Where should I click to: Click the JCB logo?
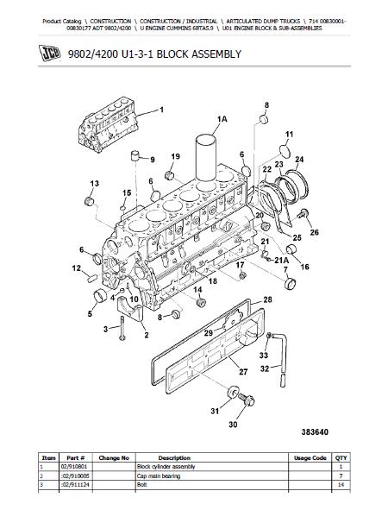point(50,53)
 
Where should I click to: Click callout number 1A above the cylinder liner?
point(222,119)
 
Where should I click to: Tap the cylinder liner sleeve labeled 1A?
point(206,157)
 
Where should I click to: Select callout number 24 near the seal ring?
point(299,160)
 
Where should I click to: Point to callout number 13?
point(94,184)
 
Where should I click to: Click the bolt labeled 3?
point(122,328)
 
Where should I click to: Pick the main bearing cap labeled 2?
point(130,309)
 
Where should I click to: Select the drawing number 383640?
point(315,432)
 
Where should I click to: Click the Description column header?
point(174,457)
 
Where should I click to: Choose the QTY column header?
point(341,457)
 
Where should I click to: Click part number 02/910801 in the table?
point(74,466)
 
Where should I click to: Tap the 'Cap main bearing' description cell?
point(159,475)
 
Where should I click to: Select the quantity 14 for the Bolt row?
point(341,485)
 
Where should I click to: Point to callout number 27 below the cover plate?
point(243,371)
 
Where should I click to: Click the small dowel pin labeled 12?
point(92,278)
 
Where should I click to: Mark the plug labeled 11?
point(285,151)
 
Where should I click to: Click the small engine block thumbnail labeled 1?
point(110,124)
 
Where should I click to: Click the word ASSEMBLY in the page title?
point(216,54)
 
